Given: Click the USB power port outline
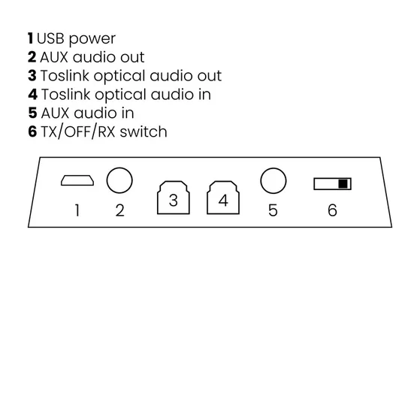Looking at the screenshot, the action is tap(77, 176).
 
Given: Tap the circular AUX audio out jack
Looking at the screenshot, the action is tap(119, 168).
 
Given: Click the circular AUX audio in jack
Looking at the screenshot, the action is tap(273, 168).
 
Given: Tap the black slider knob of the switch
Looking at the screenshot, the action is tap(343, 184).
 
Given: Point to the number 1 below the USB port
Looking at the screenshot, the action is tap(77, 210).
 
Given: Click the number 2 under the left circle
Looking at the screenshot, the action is tap(119, 210).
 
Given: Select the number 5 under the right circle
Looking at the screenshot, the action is tap(273, 210).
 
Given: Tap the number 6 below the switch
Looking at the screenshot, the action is tap(332, 210).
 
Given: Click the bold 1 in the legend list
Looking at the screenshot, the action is tap(31, 38).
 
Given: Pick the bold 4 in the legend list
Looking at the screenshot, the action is tap(32, 94).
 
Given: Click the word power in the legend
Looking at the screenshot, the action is tap(92, 39).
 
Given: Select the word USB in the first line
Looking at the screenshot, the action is tap(50, 38).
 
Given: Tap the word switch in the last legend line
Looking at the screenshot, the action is tap(144, 131).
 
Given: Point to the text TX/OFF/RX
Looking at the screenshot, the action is tap(78, 131).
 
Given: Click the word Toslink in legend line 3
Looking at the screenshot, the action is tap(65, 76).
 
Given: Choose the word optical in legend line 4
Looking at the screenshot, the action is tap(121, 95).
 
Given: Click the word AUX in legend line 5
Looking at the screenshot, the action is tap(55, 113).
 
